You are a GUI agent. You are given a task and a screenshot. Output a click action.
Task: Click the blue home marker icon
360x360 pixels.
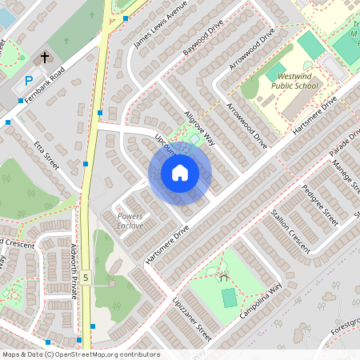coord(180,173)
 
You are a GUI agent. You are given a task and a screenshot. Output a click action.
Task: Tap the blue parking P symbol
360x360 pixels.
coord(29,81)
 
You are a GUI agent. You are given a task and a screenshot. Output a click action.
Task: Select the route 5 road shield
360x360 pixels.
coord(85,278)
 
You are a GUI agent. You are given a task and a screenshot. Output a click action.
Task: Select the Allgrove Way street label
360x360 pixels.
coord(199,126)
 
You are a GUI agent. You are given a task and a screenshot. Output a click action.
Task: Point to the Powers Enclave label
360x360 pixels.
coord(130,221)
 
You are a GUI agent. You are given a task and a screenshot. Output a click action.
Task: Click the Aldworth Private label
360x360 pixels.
coord(74,271)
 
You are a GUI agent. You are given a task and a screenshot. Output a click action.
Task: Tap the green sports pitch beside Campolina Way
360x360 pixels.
coord(230,298)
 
